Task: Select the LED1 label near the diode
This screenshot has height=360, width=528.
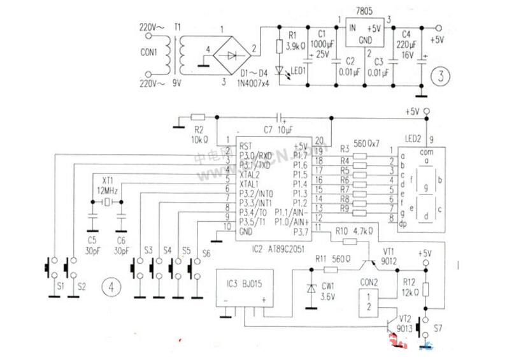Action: (x=297, y=70)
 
